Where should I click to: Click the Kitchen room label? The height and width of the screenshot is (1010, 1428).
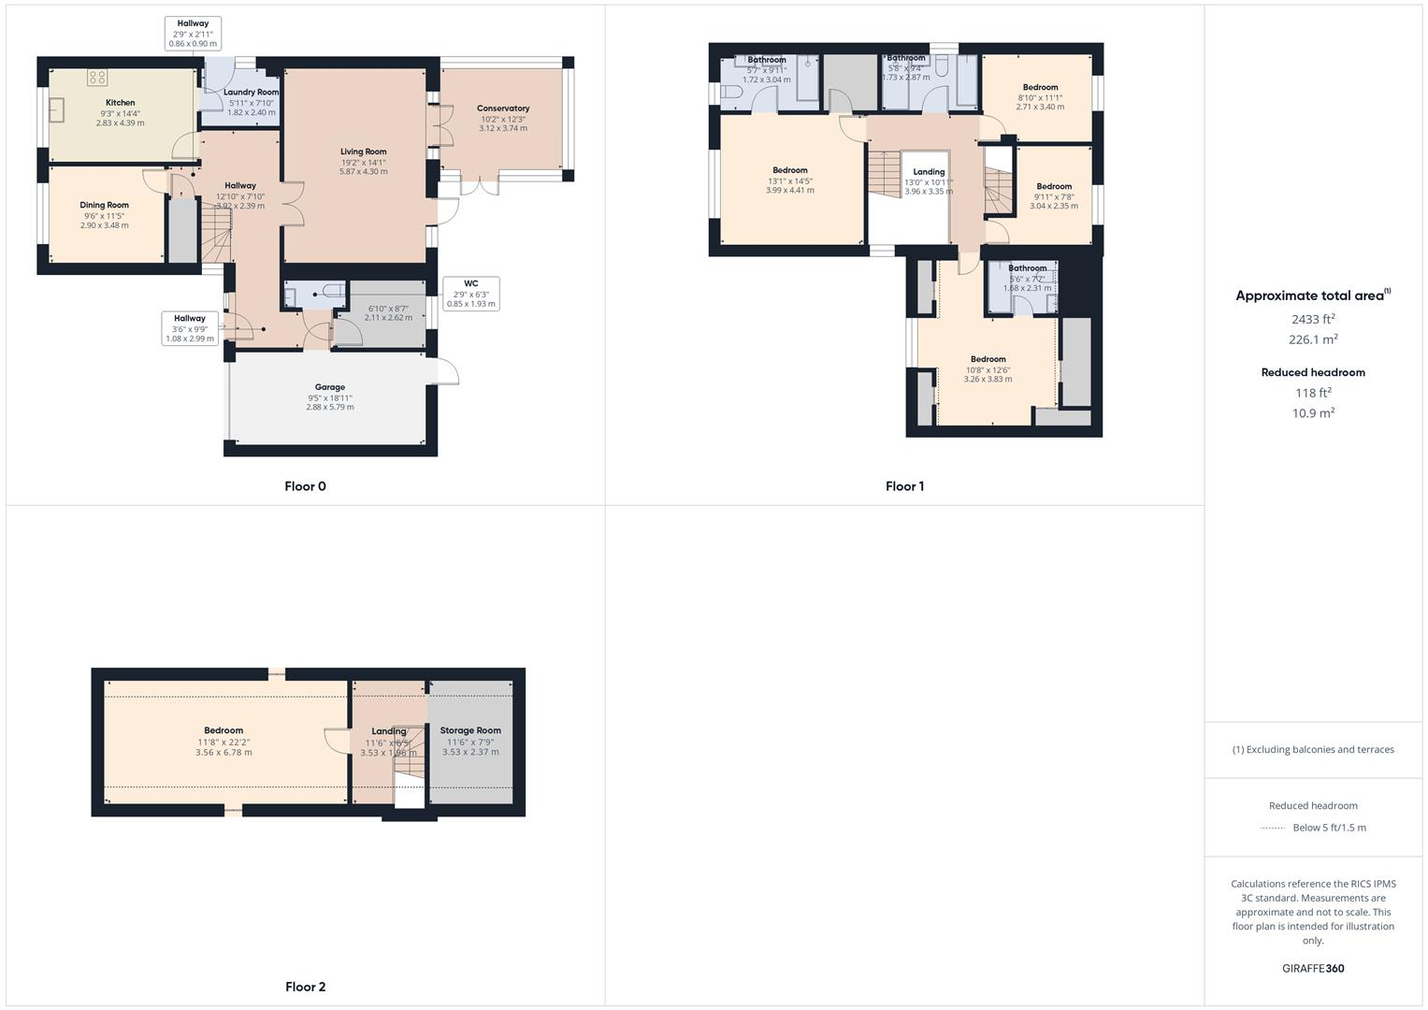point(120,103)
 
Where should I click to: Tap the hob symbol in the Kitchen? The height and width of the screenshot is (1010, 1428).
point(97,78)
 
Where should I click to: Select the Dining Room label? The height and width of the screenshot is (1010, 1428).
point(104,205)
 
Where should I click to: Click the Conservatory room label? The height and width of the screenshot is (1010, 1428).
point(503,108)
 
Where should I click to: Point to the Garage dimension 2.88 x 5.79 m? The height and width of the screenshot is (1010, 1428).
point(330,408)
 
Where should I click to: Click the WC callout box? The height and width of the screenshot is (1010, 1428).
point(470,294)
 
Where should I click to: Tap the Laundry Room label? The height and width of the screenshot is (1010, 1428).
point(252,93)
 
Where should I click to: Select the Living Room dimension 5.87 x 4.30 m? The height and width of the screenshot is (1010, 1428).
point(363,172)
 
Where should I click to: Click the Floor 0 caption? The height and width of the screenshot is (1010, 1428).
point(305,486)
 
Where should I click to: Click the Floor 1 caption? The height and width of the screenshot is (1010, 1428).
point(904,486)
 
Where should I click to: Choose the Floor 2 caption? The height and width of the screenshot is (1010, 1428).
point(305,987)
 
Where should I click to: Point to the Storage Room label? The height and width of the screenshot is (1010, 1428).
point(470,730)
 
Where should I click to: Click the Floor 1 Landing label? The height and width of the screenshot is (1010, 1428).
point(929,172)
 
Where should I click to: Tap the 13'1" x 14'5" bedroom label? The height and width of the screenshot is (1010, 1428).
point(790,180)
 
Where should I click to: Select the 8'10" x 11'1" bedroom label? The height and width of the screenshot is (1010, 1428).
point(1040,97)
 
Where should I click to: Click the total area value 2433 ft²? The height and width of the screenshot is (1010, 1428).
point(1313,319)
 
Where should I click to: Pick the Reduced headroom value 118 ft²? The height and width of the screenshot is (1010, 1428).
point(1313,393)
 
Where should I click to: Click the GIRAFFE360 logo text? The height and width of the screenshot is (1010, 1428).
point(1313,968)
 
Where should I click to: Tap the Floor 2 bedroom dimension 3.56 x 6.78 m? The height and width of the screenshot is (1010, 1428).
point(224,753)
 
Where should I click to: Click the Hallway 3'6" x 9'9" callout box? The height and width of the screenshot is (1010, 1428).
point(190,328)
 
